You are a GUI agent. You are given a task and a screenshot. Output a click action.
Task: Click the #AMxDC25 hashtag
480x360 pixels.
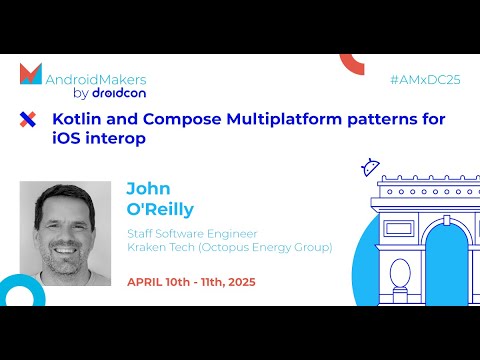[x=425, y=77]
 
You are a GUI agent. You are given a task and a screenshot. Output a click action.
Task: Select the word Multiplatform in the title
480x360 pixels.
[x=282, y=119]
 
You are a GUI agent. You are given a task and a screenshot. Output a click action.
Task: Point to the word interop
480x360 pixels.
[x=114, y=139]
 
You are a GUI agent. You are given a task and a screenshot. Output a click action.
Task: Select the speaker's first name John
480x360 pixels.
[x=147, y=188]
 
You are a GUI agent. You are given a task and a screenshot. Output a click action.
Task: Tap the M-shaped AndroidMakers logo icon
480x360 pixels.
[x=31, y=74]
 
